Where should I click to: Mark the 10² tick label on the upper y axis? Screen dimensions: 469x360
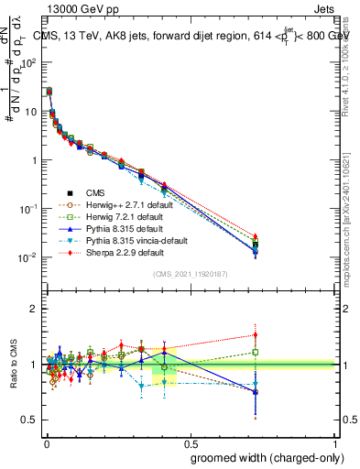(x=29, y=63)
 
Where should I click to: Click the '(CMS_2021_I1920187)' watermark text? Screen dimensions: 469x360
(x=190, y=275)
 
